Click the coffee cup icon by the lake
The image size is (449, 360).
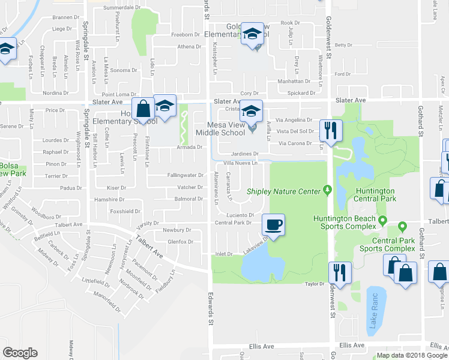tap(274, 226)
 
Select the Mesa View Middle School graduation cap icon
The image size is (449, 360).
tap(252, 112)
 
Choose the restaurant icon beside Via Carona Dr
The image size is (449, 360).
tap(331, 129)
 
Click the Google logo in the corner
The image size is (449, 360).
tap(20, 353)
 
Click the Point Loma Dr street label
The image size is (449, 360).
tap(119, 94)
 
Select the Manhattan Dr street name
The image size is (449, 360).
tap(293, 81)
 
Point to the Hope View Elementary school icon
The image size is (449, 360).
tap(164, 106)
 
